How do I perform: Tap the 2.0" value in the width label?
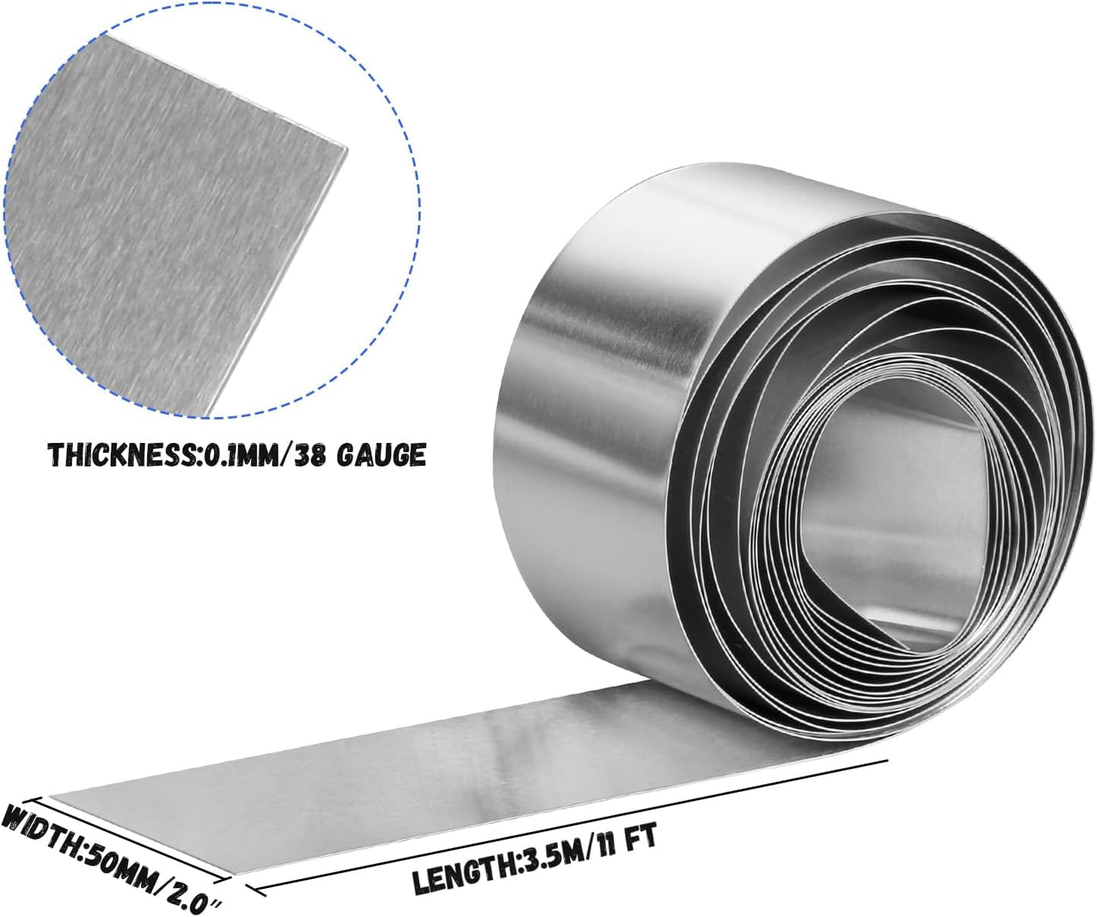coord(193,895)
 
